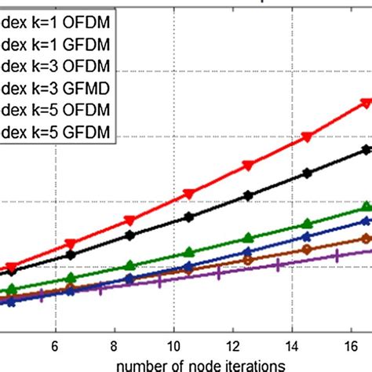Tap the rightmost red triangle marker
tap(366, 102)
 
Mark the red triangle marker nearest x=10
tap(188, 194)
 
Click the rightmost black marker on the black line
tap(366, 149)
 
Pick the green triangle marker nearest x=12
tap(248, 237)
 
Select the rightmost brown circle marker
tap(364, 239)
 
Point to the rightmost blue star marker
tap(364, 224)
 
